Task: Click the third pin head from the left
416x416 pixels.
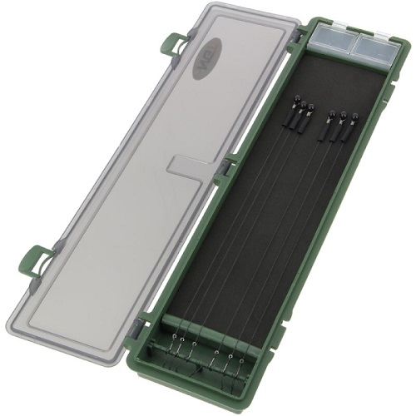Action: [312, 109]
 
